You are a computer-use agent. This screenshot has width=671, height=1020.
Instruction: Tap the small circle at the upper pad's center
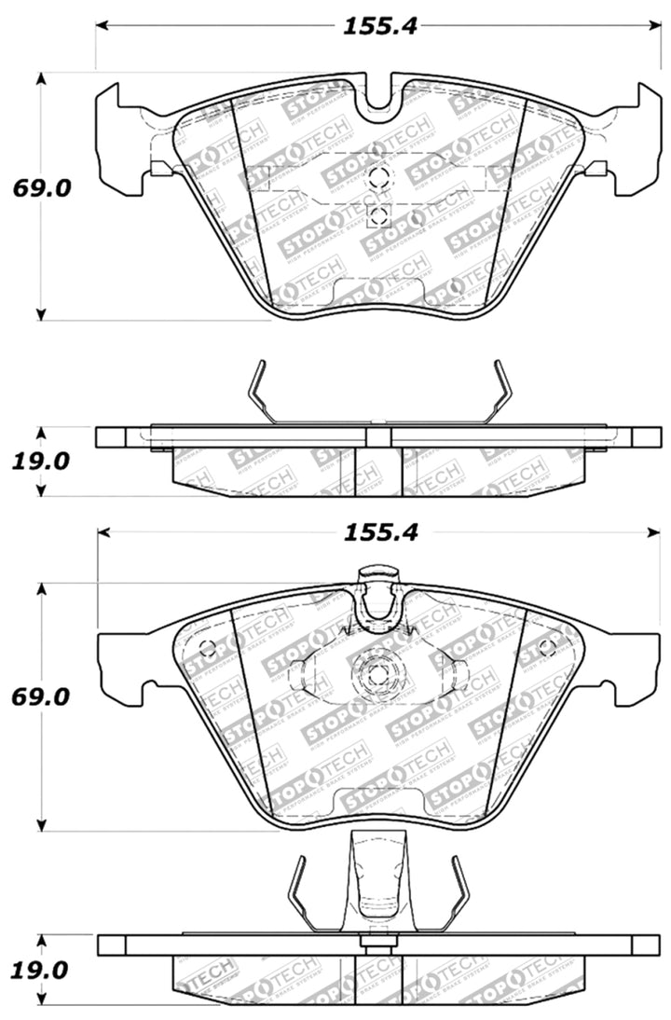(x=377, y=179)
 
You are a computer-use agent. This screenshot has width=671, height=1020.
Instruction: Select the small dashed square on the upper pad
(x=377, y=217)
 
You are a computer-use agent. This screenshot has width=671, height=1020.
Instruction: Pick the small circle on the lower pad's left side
(x=208, y=648)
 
